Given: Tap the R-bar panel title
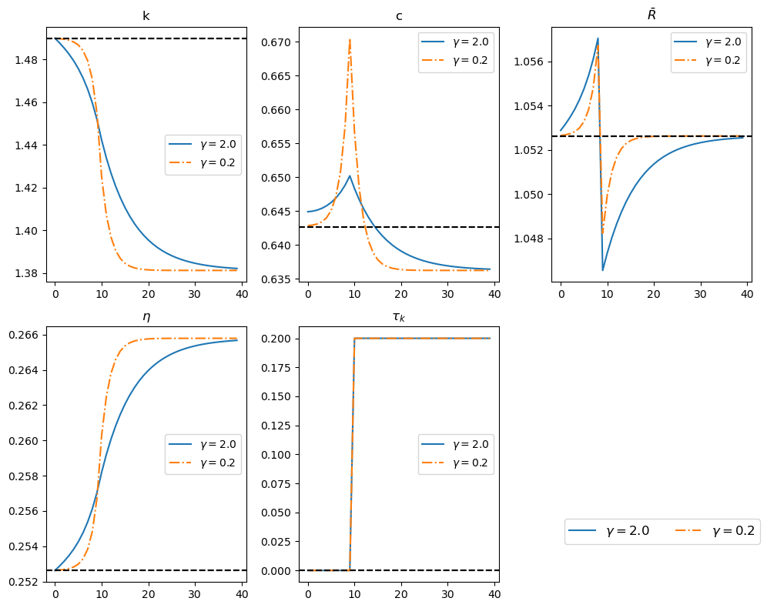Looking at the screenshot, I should tap(651, 15).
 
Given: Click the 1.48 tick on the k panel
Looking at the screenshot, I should tap(30, 60).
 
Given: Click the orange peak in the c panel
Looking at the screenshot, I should tap(350, 39).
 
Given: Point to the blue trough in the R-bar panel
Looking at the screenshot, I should tap(603, 269).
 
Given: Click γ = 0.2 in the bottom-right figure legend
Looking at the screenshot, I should tap(733, 531).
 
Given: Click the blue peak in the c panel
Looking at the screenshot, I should tap(350, 175).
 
